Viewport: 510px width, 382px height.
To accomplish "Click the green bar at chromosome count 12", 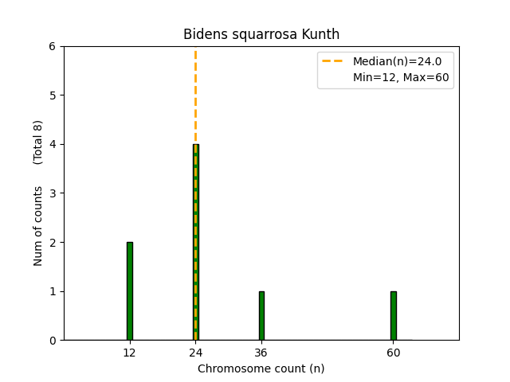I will click(x=129, y=291).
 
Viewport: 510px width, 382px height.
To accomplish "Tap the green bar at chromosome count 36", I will click(x=261, y=316).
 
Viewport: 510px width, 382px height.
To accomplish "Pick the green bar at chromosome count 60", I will click(x=393, y=316).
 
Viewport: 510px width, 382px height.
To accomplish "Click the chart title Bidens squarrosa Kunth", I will click(x=261, y=34).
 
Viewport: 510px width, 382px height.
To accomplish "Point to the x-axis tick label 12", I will click(x=129, y=353).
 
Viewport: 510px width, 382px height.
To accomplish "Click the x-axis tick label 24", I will click(x=195, y=353).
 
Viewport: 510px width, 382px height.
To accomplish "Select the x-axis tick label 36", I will click(x=261, y=353).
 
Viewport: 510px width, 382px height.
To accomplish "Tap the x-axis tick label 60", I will click(x=393, y=353).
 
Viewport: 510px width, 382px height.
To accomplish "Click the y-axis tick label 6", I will click(x=52, y=46).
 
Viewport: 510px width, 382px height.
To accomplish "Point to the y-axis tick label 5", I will click(x=52, y=95).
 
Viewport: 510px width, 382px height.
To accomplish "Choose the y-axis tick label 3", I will click(x=52, y=193).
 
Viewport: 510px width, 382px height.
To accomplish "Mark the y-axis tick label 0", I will click(x=52, y=341).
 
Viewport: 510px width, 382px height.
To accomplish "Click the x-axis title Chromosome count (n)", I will click(x=261, y=368).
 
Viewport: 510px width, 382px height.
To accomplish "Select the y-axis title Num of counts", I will click(x=38, y=226).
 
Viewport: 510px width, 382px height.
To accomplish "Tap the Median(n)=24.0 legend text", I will click(x=397, y=61).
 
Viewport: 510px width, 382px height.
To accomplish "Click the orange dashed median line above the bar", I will click(x=195, y=95).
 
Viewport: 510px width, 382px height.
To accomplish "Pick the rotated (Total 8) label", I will click(x=38, y=142).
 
